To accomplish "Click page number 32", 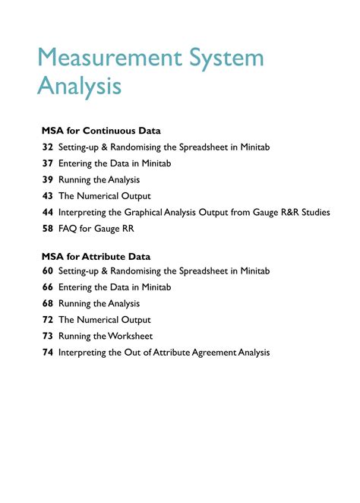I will pos(47,147).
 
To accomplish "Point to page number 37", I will pos(47,163).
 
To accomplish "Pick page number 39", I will pos(47,180).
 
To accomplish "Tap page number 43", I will pos(47,196).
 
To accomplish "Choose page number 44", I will pos(47,213).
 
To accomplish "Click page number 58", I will pos(47,229).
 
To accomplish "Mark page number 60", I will pos(47,271).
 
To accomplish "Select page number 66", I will pos(47,287).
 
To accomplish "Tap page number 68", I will pos(47,304).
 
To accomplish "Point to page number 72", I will pos(47,320).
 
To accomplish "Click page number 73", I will pos(47,337).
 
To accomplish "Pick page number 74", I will pos(47,353).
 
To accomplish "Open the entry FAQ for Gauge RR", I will pos(95,229).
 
